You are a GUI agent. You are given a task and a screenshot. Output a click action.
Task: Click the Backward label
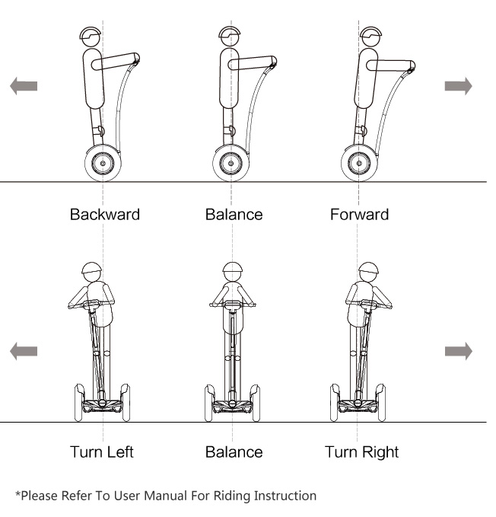click(105, 214)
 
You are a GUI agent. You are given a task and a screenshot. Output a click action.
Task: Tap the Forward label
click(359, 214)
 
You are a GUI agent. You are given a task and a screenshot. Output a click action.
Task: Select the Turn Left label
click(102, 452)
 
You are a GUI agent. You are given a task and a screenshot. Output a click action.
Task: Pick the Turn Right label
click(362, 452)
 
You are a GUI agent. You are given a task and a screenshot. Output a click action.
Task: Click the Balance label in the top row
click(234, 214)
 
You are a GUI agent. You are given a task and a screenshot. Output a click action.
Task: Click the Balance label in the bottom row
click(234, 452)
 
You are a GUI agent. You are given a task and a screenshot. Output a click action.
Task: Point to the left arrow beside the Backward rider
click(23, 86)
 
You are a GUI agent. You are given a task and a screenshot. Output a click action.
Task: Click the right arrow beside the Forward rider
click(458, 86)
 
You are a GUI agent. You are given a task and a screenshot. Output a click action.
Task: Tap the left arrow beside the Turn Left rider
click(23, 351)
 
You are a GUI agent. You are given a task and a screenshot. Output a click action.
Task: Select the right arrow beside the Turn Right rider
click(458, 351)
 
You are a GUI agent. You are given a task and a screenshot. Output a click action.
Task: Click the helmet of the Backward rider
click(91, 36)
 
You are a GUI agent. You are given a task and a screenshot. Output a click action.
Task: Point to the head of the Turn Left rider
click(92, 273)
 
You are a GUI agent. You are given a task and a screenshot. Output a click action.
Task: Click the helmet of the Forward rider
click(371, 36)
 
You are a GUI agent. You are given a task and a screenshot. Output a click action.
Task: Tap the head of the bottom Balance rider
click(232, 273)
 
